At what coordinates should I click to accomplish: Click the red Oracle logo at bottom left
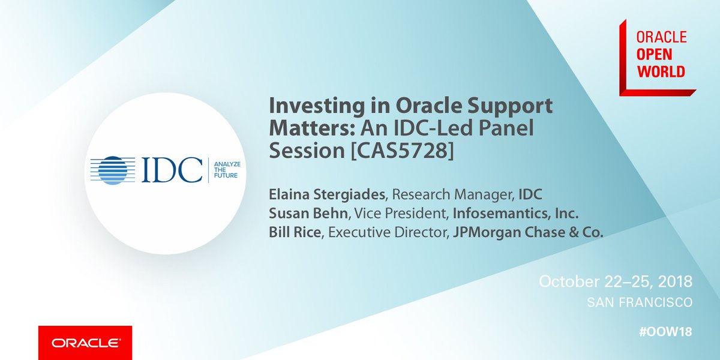click(85, 343)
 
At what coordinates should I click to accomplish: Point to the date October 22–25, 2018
click(616, 281)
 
